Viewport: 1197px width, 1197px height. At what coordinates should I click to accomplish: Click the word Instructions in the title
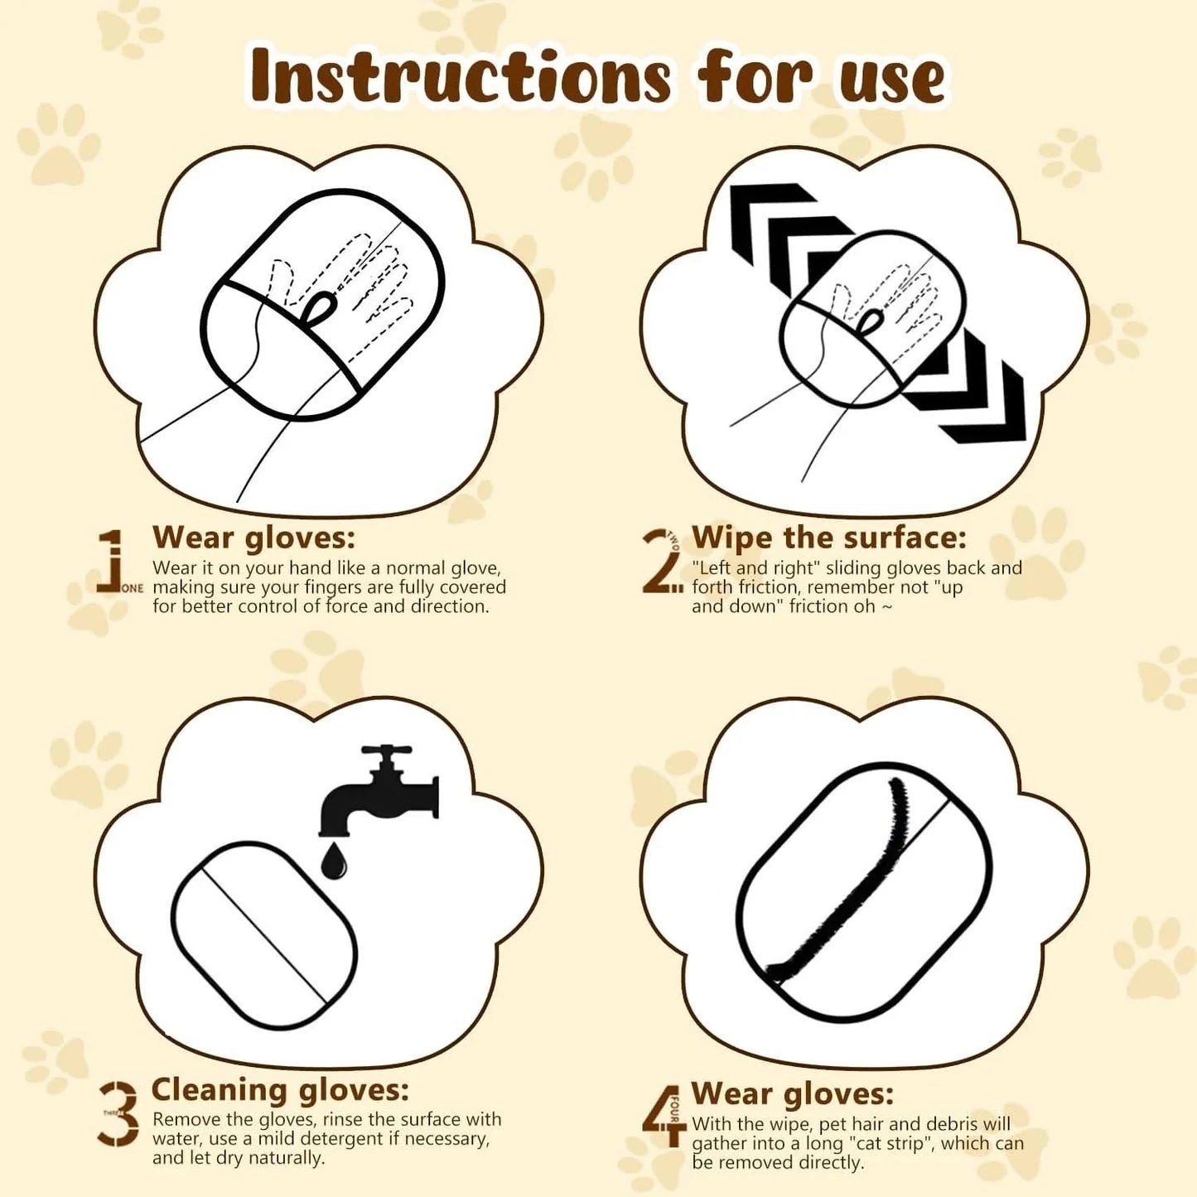pos(460,76)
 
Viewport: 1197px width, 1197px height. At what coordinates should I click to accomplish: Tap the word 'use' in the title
pos(891,80)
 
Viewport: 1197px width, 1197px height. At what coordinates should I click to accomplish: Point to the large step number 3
pos(120,1114)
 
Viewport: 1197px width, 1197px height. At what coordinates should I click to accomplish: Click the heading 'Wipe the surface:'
pos(829,538)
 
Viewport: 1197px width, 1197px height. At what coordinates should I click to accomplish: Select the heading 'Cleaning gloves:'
pos(280,1089)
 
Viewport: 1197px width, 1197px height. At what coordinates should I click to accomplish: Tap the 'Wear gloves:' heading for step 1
pos(253,538)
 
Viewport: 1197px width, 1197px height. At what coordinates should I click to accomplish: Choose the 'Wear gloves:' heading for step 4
pos(793,1093)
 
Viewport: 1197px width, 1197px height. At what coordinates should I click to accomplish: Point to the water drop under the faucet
pos(334,861)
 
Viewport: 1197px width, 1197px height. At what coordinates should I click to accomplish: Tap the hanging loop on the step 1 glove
pos(319,310)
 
